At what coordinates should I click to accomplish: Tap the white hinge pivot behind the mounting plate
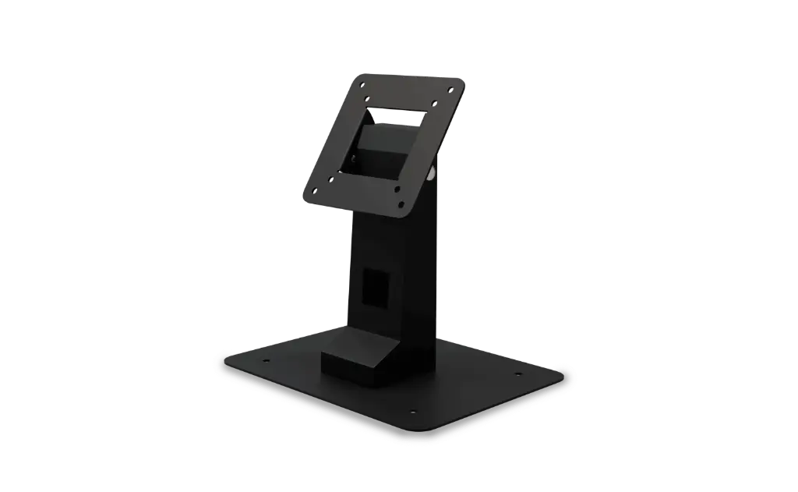pos(431,173)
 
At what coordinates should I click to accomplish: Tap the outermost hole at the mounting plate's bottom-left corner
pos(314,190)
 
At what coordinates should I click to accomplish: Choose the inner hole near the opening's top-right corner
pos(434,103)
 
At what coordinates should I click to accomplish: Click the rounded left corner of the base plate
pos(228,361)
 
